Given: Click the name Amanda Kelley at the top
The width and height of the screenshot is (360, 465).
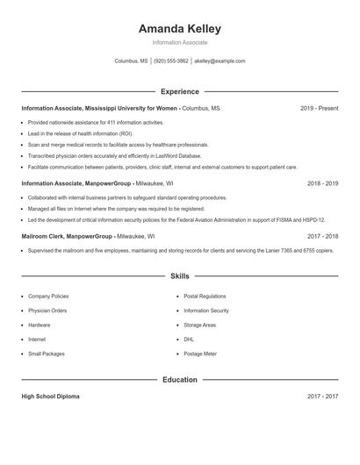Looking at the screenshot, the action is [180, 28].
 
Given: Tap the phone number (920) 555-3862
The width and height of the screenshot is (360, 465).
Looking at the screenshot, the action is [171, 61].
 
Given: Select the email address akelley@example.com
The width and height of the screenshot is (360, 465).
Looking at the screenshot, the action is [220, 61].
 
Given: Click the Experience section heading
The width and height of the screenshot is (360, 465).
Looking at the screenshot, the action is [180, 91].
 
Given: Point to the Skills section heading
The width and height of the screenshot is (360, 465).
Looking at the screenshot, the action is [180, 276].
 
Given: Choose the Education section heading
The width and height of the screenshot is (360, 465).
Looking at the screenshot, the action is [180, 380].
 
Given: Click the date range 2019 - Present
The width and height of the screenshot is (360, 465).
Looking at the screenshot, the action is [319, 108].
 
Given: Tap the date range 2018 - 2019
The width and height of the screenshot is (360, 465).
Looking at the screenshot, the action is [322, 184].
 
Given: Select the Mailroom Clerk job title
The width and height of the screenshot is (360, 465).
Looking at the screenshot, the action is [47, 236].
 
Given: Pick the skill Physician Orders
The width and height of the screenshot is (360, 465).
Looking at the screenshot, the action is [47, 311].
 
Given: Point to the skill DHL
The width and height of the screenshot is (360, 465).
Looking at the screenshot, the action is [189, 339].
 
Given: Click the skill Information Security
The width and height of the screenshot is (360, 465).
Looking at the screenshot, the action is [206, 311].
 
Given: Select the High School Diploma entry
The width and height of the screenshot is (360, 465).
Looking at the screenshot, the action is [50, 397].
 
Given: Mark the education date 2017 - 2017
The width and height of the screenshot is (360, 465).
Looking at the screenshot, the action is [322, 397].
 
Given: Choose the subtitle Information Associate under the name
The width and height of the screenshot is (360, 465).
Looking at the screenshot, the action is [180, 42].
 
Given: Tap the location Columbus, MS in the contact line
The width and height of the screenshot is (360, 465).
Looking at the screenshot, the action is [132, 61].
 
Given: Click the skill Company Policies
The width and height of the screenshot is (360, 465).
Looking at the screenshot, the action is [48, 297].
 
